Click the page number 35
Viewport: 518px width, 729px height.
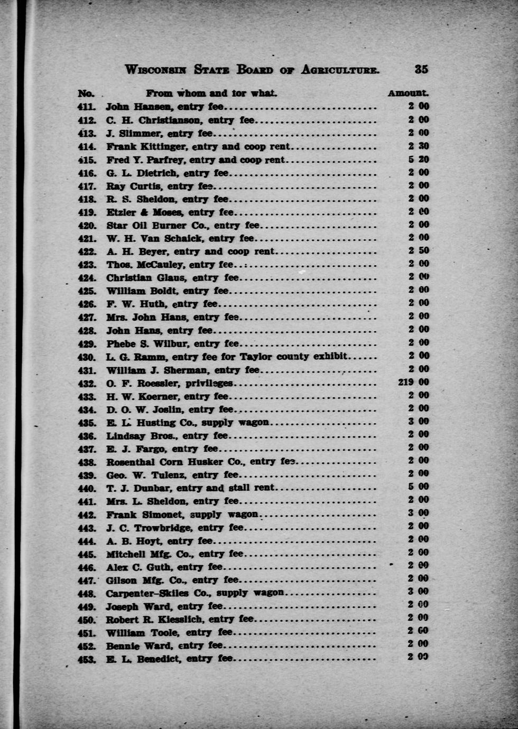(421, 69)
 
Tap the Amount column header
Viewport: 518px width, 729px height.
(408, 94)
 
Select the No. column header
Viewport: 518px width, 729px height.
(86, 94)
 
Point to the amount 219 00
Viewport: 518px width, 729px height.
(413, 382)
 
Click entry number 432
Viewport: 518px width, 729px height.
(87, 384)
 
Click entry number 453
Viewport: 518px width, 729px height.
(87, 659)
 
